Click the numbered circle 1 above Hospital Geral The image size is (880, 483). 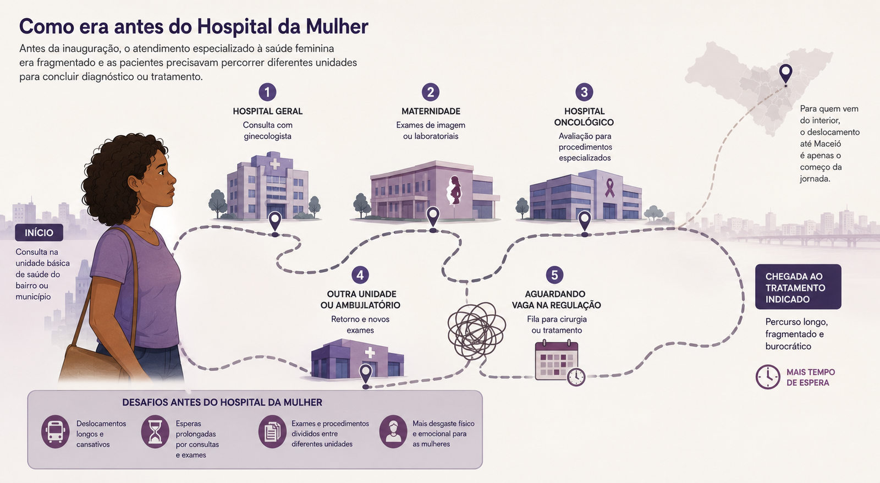(267, 92)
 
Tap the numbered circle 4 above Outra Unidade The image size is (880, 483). (360, 275)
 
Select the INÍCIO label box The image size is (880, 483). (39, 233)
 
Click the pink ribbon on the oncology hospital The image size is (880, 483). (609, 188)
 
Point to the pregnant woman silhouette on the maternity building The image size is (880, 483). (454, 190)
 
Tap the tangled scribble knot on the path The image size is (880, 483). (476, 331)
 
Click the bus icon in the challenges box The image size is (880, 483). (56, 431)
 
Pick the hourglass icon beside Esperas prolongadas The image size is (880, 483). (155, 431)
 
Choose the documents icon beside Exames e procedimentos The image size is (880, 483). (272, 431)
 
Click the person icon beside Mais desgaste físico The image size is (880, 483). (393, 431)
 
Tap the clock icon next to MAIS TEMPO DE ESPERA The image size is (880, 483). (768, 377)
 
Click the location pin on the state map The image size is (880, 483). (785, 74)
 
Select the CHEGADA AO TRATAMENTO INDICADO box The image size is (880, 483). (798, 287)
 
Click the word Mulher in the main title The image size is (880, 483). (337, 27)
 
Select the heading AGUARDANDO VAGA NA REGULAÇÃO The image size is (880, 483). (556, 299)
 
